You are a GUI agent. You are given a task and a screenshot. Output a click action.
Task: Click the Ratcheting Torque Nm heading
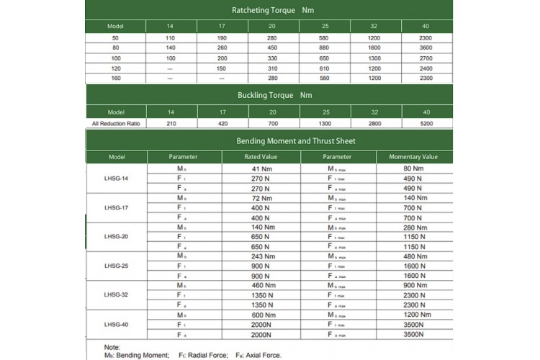point(269,10)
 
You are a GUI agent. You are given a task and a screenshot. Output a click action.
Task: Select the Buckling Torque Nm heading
point(269,95)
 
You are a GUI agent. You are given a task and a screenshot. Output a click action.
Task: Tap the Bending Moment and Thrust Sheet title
point(269,140)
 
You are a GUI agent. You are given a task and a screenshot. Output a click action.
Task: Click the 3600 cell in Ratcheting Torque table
point(426,48)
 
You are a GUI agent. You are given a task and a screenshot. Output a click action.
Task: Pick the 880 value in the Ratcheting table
point(325,48)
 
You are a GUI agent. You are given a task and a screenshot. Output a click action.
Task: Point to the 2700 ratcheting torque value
point(426,58)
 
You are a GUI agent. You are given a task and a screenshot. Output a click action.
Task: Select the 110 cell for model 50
point(171,37)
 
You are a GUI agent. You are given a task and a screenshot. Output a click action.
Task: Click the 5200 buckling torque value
point(426,123)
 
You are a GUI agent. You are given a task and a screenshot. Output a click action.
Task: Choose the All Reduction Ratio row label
point(115,123)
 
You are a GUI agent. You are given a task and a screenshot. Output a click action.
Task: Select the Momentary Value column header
point(413,157)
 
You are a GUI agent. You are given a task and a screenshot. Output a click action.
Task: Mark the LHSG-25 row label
point(115,265)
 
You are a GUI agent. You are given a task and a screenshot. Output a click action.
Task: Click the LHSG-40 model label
point(115,324)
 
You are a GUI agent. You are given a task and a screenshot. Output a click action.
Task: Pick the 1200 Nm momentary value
point(413,315)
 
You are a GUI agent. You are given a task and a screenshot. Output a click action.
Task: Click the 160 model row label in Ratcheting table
point(115,78)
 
